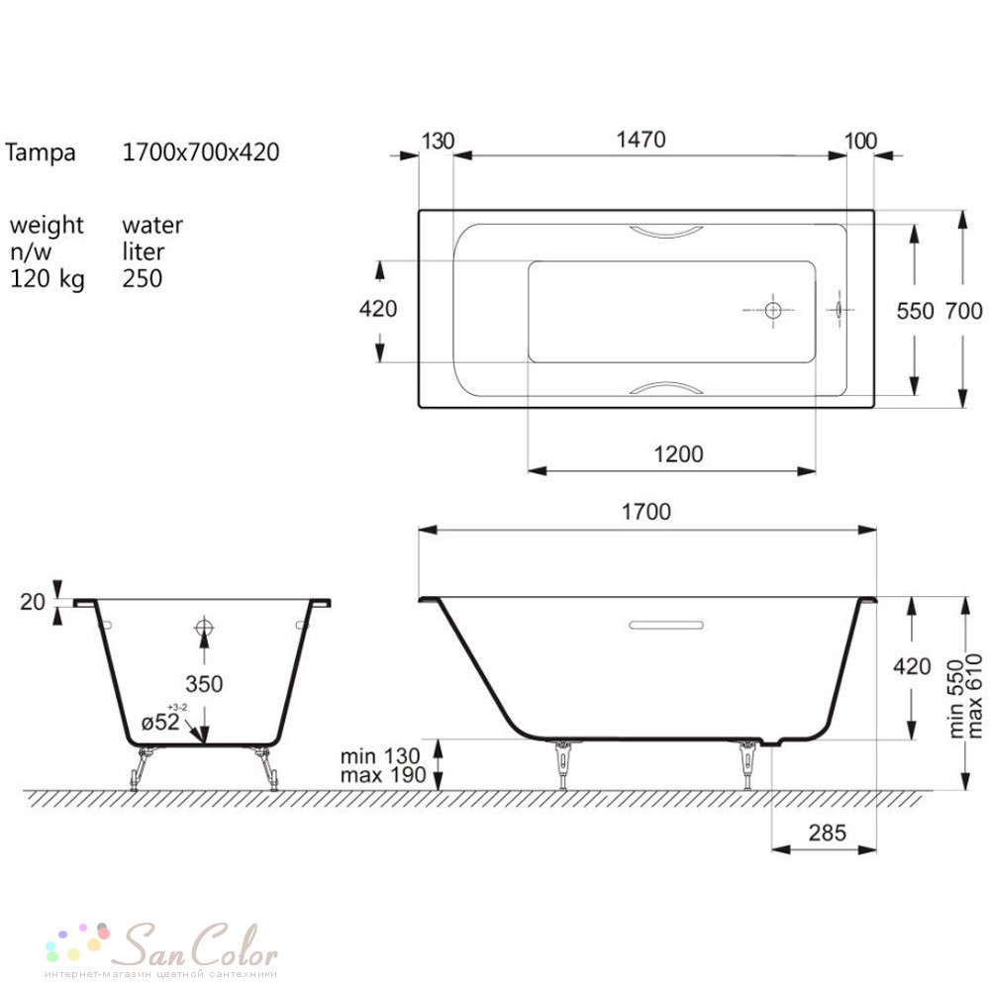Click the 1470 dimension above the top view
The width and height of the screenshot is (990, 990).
tap(641, 140)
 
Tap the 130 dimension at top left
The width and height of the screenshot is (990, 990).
tap(438, 141)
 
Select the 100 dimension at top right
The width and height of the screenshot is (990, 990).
tap(860, 141)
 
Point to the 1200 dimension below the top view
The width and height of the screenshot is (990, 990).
tap(678, 454)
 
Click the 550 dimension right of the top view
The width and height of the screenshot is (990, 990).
tap(915, 311)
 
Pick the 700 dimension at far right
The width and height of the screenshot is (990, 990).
tap(963, 311)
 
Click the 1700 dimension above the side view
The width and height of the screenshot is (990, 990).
tap(645, 512)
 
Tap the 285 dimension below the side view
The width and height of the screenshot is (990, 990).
tap(827, 833)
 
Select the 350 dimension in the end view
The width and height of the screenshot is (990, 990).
tap(204, 684)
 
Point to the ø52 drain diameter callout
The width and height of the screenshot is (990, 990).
tap(160, 722)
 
